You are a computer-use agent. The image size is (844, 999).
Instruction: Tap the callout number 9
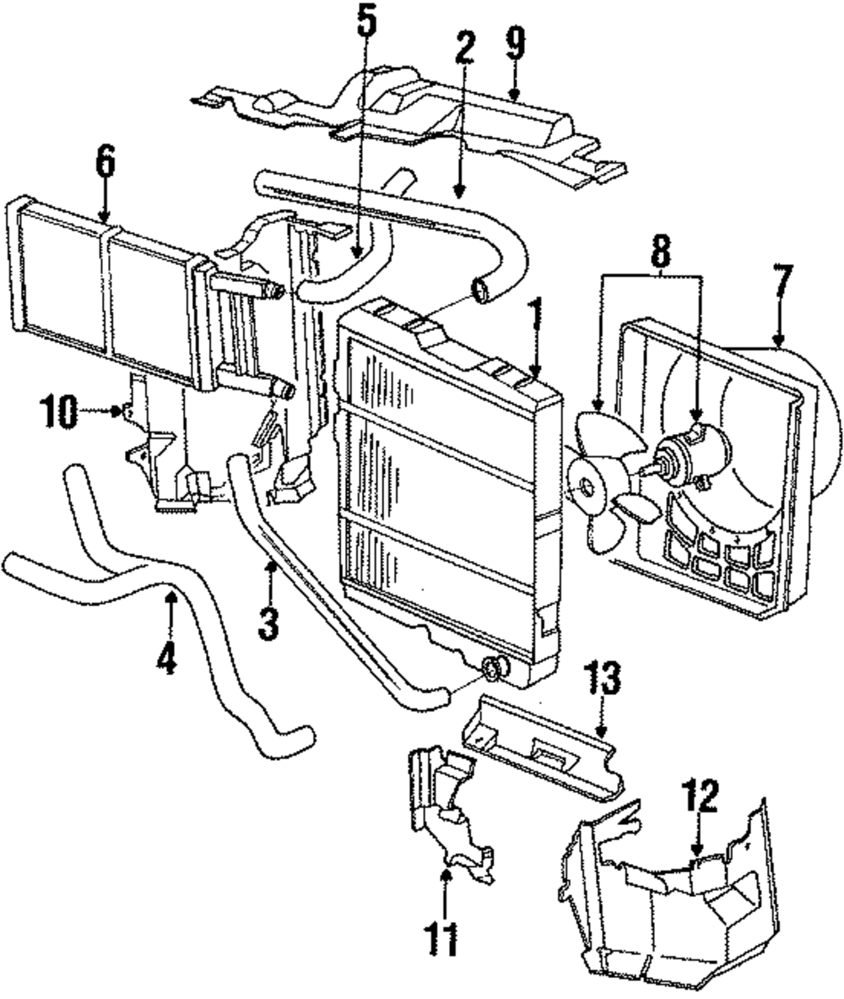[516, 41]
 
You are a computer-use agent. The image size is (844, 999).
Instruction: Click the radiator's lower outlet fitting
[492, 670]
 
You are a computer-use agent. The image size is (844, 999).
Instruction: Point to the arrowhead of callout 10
[119, 412]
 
